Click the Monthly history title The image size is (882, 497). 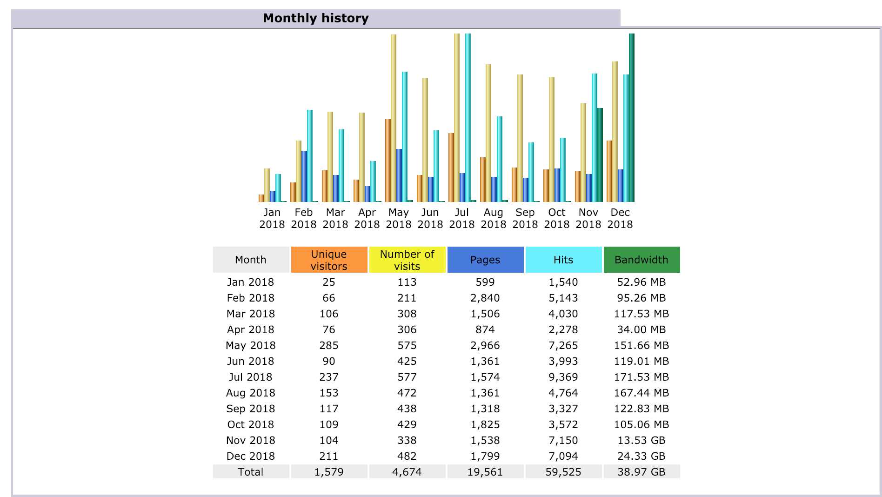click(x=315, y=18)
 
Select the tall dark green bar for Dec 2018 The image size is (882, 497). click(x=632, y=118)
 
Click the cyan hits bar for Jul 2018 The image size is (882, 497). click(x=468, y=118)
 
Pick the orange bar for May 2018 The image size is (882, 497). click(x=388, y=161)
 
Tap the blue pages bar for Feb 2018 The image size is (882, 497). click(x=304, y=176)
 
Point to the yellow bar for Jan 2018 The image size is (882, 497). click(x=267, y=185)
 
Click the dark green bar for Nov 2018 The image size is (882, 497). click(x=600, y=155)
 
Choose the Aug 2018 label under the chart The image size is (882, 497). click(x=494, y=218)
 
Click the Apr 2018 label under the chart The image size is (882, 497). click(x=367, y=218)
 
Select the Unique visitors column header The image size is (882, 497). click(x=329, y=260)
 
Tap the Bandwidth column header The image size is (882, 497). click(x=641, y=260)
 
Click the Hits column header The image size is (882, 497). click(x=563, y=260)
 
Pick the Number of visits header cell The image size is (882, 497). click(x=407, y=260)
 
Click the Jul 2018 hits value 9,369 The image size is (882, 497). click(x=563, y=377)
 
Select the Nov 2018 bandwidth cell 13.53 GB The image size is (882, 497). click(x=641, y=440)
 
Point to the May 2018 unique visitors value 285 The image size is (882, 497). click(x=329, y=345)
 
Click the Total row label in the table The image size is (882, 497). click(x=251, y=472)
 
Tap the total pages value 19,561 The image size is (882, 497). click(x=485, y=472)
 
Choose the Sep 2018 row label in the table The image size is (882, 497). click(x=251, y=409)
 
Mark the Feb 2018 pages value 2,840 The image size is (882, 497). click(x=485, y=298)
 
